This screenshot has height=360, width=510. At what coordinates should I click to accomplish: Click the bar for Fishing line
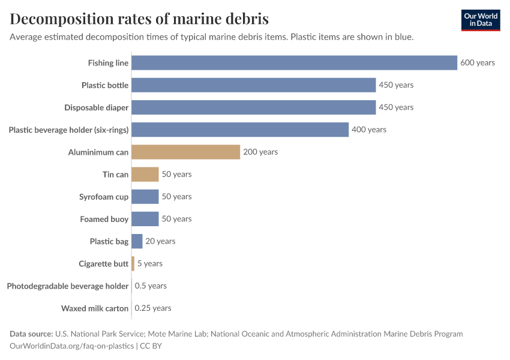294,62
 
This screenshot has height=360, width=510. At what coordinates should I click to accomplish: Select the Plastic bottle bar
253,85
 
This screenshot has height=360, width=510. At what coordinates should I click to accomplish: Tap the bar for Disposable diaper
253,107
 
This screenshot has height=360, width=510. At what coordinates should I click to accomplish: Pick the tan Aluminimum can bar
185,152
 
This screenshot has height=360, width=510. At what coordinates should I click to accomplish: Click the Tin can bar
145,175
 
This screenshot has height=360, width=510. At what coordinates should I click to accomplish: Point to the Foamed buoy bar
145,219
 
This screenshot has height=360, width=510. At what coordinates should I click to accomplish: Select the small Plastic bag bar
137,241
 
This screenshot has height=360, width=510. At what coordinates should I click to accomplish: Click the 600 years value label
478,62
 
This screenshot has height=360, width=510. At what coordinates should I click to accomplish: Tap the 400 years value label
369,130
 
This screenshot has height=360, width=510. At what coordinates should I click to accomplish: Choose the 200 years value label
260,152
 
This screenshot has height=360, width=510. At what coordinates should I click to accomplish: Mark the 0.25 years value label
153,308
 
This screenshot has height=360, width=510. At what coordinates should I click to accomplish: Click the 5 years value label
150,263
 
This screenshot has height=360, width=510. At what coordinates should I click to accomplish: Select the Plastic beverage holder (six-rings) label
68,130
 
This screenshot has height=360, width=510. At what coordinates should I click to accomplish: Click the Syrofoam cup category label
104,197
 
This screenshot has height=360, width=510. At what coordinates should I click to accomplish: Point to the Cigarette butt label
103,263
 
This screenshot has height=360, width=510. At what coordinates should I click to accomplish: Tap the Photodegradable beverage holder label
68,286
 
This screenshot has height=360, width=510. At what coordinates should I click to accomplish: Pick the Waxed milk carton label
95,308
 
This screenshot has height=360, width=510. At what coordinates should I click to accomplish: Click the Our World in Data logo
480,20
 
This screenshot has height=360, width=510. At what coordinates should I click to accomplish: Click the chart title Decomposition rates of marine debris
139,19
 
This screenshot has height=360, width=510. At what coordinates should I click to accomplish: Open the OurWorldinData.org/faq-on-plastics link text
72,346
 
